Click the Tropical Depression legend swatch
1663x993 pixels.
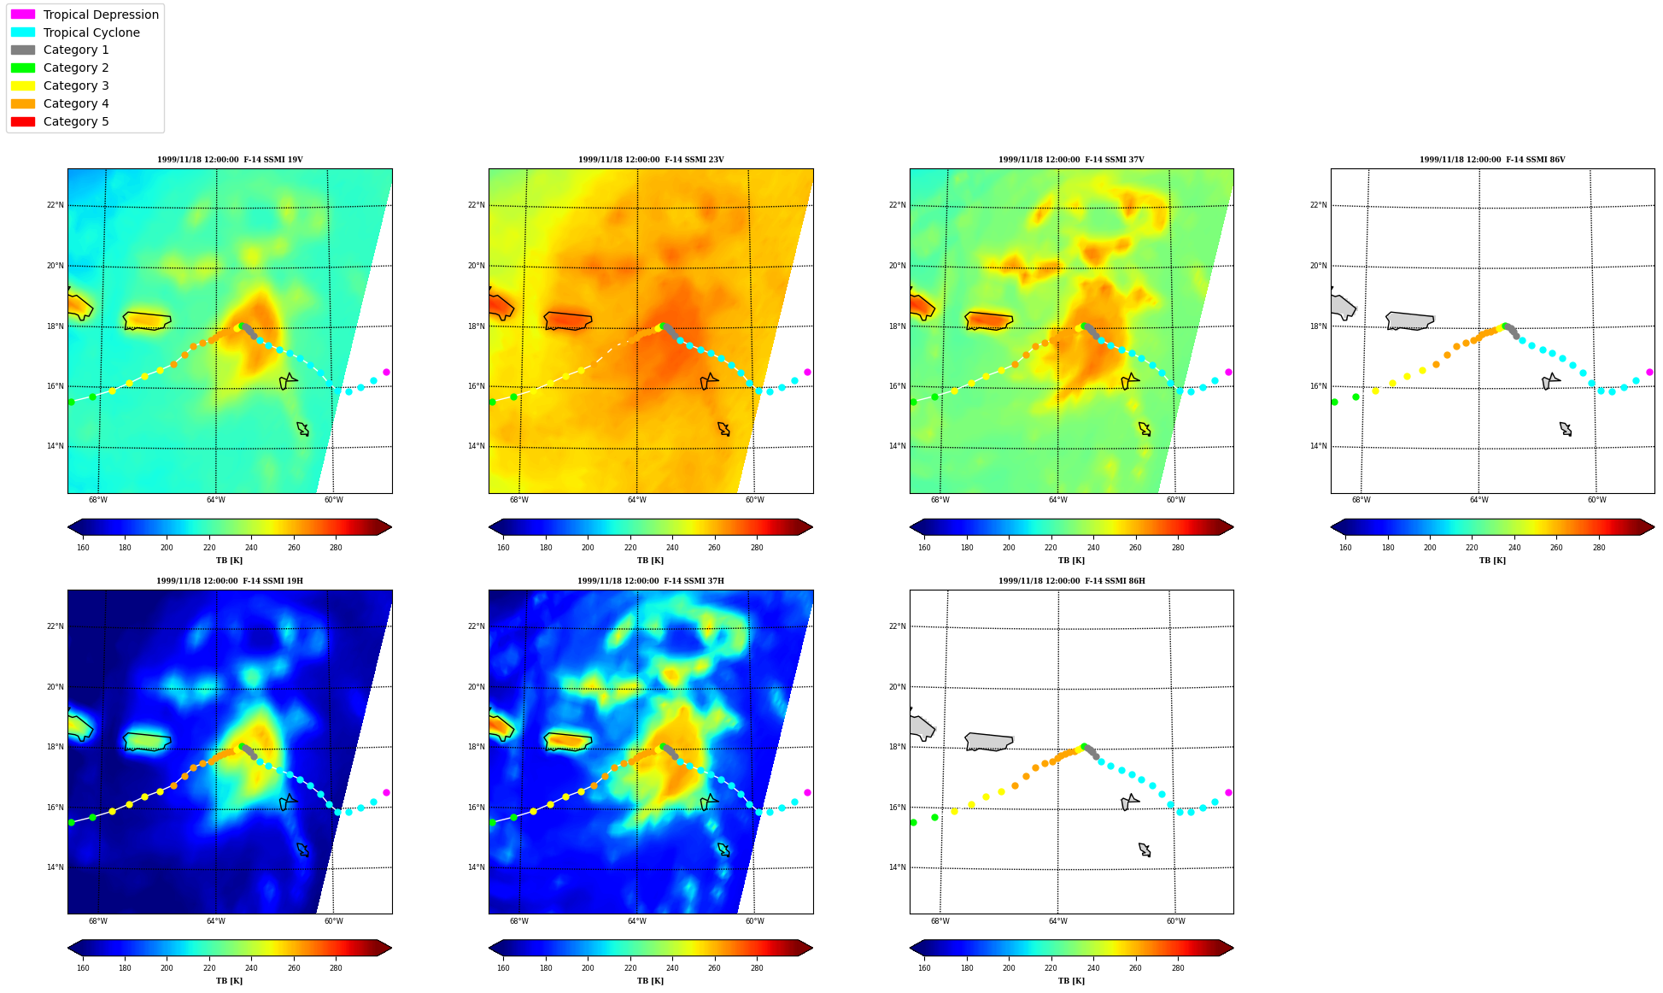(23, 15)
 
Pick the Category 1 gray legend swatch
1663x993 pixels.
(23, 50)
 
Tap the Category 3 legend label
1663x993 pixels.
(76, 85)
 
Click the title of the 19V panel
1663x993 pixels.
(230, 160)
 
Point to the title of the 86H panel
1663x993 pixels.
(1072, 581)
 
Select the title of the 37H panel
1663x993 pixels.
(651, 581)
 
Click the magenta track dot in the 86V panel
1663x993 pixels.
(1649, 372)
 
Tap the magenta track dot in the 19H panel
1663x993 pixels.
(386, 792)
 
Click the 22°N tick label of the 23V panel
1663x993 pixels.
(477, 205)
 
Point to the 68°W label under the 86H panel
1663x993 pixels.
(940, 921)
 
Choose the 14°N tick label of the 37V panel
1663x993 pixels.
(898, 446)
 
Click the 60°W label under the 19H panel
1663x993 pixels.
(333, 921)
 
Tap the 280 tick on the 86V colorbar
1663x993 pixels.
(1599, 548)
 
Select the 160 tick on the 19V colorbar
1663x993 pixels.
(83, 548)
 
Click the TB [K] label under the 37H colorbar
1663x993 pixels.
(651, 981)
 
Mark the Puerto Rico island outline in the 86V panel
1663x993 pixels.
(1409, 321)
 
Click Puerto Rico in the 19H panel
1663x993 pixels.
(147, 742)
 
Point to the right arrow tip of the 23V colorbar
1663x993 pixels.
(813, 527)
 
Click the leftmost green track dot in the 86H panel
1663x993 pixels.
(913, 822)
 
